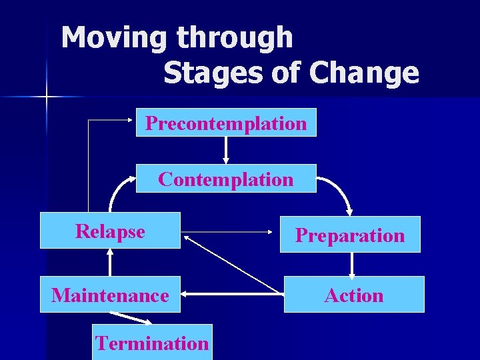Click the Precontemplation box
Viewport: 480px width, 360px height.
click(226, 123)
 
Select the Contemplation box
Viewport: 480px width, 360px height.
click(226, 179)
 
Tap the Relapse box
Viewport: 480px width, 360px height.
click(110, 231)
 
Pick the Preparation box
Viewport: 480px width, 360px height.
click(350, 235)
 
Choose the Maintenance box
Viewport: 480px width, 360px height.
click(110, 295)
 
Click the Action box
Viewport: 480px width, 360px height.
click(354, 295)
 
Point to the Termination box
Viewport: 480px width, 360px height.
click(152, 343)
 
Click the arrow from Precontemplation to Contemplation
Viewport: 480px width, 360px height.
click(226, 150)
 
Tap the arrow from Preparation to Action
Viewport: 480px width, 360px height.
click(352, 264)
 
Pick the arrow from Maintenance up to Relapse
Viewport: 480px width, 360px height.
click(109, 262)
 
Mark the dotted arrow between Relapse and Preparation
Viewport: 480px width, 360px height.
click(230, 233)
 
